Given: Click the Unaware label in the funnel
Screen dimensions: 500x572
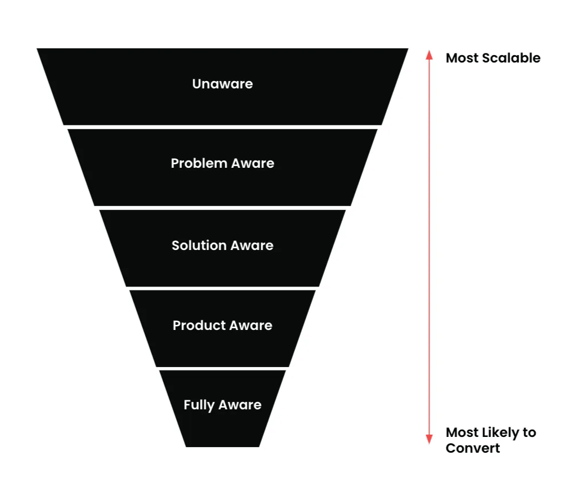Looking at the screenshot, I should point(222,84).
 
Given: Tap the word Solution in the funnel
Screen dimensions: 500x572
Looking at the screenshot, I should point(194,245).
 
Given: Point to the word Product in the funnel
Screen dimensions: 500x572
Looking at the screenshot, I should point(194,325).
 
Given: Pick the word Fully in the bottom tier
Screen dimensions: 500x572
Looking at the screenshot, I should point(199,405).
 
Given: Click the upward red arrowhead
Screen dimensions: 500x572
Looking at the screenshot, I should point(429,55).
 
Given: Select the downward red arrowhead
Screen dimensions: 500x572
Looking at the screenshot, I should point(429,439).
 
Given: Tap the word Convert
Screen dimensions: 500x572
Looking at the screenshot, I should point(473,448).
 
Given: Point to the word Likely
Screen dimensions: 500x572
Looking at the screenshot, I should point(499,433).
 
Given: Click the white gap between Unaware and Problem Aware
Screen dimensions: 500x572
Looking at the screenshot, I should point(222,127).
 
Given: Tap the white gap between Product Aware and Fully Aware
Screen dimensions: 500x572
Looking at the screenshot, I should point(222,368).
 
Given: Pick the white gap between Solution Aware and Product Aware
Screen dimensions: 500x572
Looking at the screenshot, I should point(222,288).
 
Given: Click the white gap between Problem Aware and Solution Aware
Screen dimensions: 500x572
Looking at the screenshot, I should point(222,208).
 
